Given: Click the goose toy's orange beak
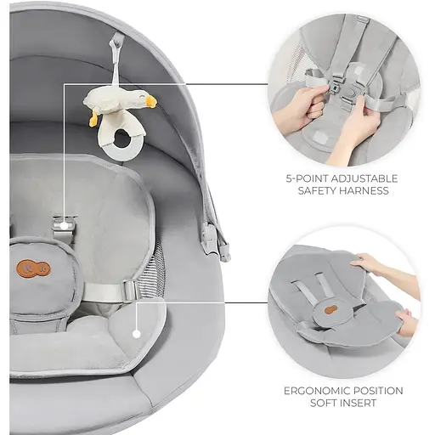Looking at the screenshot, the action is click(150, 101).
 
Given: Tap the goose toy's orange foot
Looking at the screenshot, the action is click(93, 119).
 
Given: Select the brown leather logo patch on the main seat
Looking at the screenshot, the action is click(33, 268).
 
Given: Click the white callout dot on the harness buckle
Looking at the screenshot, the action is click(65, 226).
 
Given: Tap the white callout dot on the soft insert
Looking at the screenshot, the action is click(137, 334).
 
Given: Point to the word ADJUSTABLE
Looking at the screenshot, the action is click(364, 178).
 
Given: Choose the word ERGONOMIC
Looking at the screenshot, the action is click(319, 391).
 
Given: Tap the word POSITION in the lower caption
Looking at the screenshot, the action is click(381, 391).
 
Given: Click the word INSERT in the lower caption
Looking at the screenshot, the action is click(359, 403).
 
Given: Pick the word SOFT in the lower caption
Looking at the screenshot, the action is click(325, 403).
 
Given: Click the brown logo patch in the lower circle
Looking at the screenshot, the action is click(329, 309).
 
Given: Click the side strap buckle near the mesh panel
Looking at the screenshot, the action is click(131, 290).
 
